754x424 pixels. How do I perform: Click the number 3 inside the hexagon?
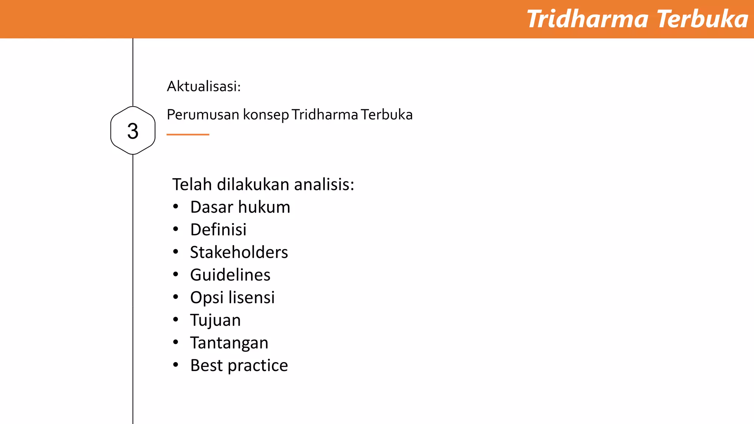click(x=133, y=131)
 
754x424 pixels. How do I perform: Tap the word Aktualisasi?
click(x=203, y=86)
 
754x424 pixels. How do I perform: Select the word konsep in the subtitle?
click(x=266, y=115)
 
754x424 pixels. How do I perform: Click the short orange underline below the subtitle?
click(x=188, y=135)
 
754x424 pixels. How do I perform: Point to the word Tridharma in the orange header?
click(x=587, y=19)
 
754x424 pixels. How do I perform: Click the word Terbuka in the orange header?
click(x=702, y=19)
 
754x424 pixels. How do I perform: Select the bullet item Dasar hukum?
click(x=240, y=207)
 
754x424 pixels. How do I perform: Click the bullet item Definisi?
click(x=218, y=230)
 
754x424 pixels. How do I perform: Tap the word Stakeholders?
click(x=239, y=252)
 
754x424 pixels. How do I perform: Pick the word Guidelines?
click(x=230, y=275)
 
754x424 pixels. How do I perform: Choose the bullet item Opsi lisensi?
click(x=232, y=298)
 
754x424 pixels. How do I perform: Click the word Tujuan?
click(x=215, y=320)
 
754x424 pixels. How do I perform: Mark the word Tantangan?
click(x=229, y=343)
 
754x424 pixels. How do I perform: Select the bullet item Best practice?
click(x=239, y=365)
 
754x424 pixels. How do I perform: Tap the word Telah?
click(x=192, y=184)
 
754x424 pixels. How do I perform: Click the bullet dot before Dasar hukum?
click(x=176, y=207)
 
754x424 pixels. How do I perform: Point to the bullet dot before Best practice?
click(x=176, y=365)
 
